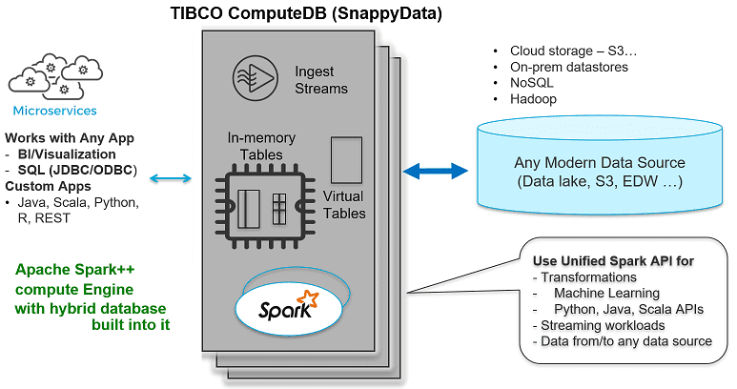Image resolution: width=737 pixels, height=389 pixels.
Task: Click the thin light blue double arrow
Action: tap(172, 178)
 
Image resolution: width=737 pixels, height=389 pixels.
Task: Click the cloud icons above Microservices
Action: tap(53, 74)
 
